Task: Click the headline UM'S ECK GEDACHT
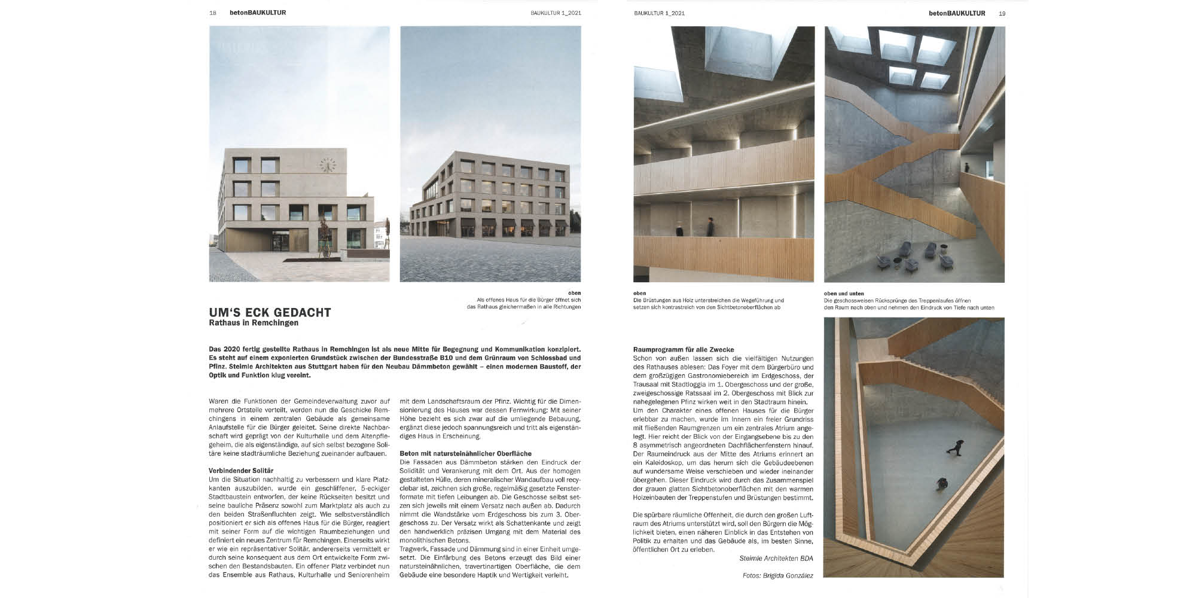[270, 312]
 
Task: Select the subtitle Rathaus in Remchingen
[253, 323]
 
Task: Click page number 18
[213, 13]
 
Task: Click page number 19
[1002, 13]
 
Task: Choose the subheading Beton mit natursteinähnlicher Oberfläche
[465, 453]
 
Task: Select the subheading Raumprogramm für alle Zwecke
[683, 349]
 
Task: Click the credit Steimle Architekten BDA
[776, 559]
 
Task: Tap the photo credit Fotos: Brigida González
[778, 575]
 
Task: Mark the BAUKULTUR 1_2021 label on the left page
[556, 13]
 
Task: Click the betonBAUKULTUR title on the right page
[957, 13]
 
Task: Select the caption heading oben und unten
[844, 294]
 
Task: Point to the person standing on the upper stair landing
[966, 167]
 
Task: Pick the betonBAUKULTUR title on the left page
[258, 13]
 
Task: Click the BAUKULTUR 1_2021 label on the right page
[659, 13]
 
